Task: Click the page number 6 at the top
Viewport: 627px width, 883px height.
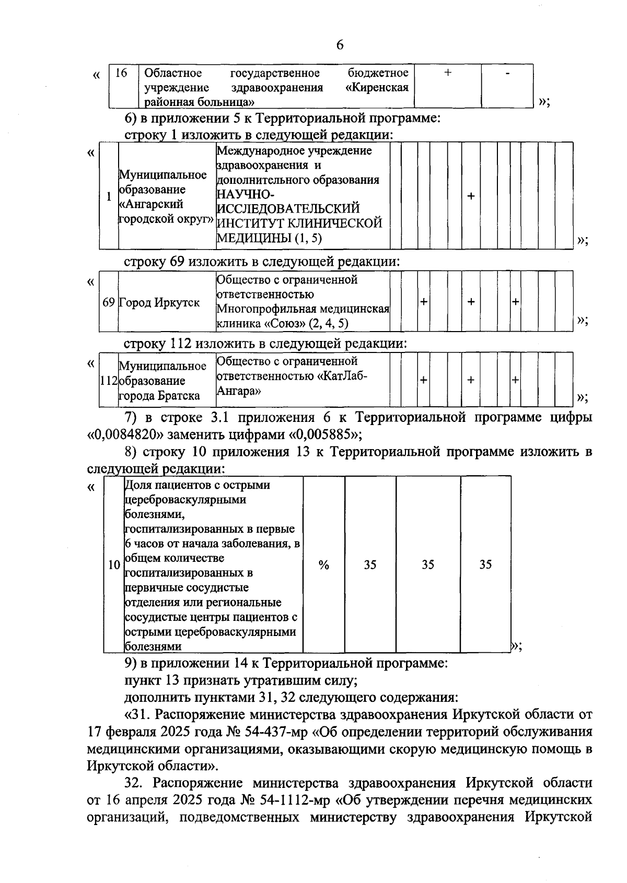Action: [x=340, y=45]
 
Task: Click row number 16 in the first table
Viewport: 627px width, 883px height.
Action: [x=121, y=73]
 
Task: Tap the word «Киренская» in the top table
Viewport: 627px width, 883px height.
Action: [x=377, y=87]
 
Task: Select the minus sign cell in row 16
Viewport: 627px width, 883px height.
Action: [x=507, y=73]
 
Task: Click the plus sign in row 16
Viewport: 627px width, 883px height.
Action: [x=448, y=73]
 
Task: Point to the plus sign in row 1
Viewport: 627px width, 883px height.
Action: [x=471, y=196]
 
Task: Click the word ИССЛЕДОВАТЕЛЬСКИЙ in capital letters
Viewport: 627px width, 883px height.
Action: [x=288, y=209]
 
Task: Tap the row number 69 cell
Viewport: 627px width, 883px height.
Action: [x=109, y=302]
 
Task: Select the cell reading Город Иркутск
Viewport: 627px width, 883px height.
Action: [x=159, y=302]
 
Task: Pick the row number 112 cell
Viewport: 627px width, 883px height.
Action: [x=109, y=381]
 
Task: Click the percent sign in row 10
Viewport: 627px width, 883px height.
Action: [x=324, y=565]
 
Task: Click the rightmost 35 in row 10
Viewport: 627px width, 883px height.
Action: [x=485, y=564]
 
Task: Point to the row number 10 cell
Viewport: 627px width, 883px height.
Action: [x=113, y=565]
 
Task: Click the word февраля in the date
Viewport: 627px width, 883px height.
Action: [x=126, y=731]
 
